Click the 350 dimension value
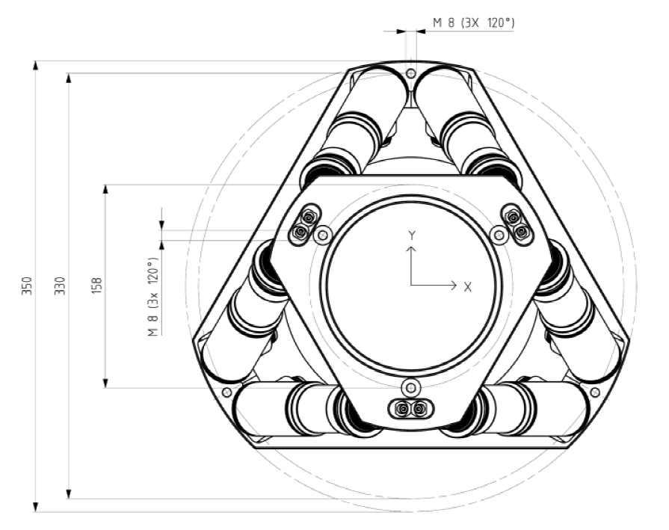point(27,286)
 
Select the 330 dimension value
point(60,286)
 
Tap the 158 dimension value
point(96,286)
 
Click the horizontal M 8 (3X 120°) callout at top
point(474,22)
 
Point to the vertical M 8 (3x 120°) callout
point(153,297)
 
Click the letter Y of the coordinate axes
point(412,235)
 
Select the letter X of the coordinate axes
point(468,287)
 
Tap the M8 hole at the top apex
point(411,73)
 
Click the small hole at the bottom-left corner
point(227,392)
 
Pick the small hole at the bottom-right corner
point(596,392)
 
